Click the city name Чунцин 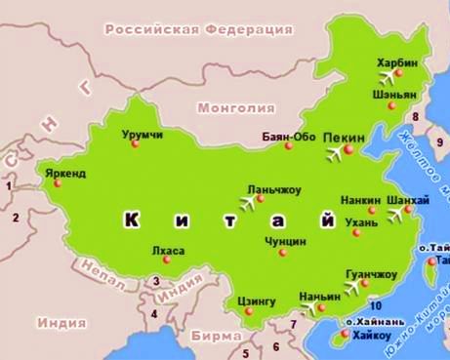285,240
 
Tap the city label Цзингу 256,300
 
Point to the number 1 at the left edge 10,184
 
